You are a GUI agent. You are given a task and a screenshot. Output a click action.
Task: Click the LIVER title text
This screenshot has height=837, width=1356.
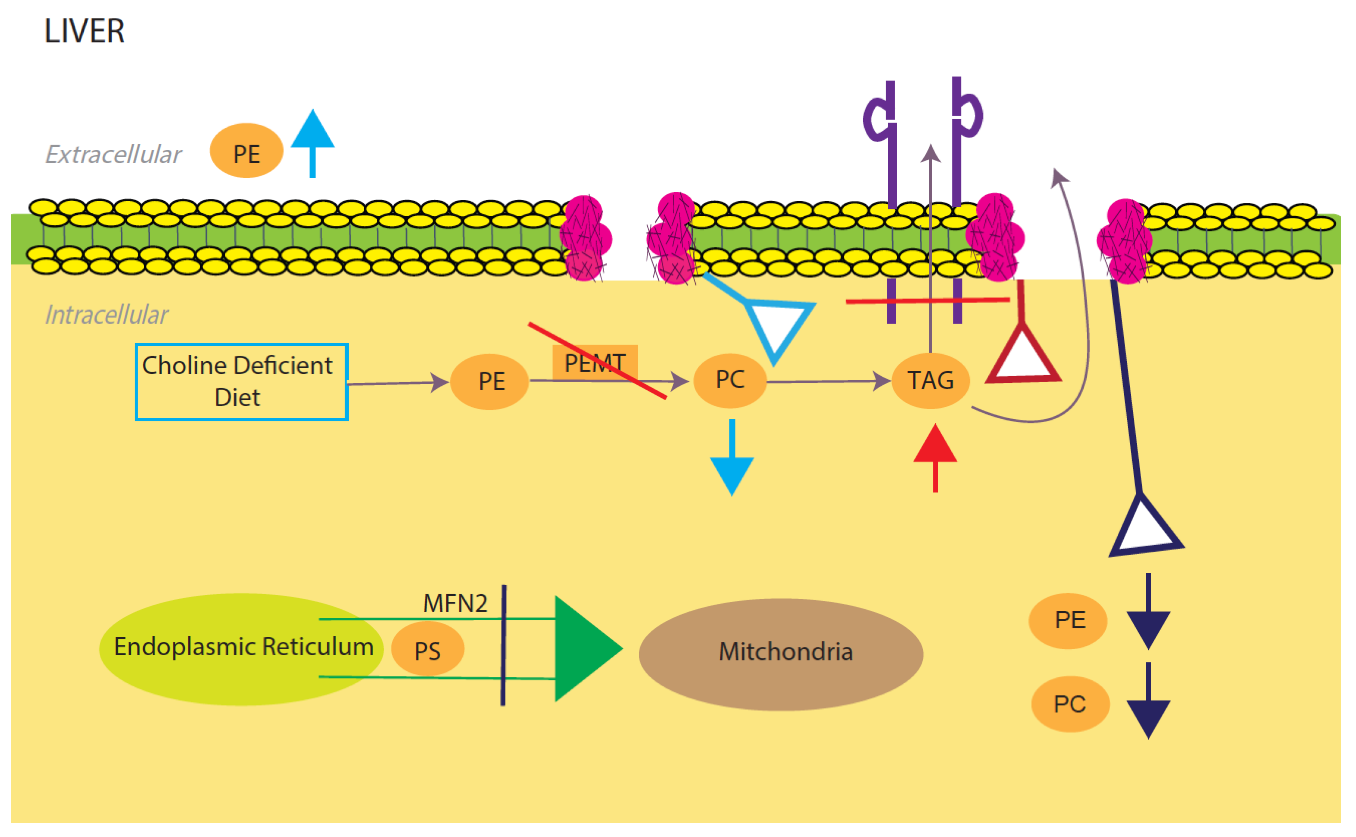(x=84, y=31)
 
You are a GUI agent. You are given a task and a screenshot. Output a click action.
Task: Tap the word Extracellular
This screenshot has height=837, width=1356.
(x=113, y=155)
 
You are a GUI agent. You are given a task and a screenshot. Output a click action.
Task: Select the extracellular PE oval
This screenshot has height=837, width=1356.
(x=246, y=151)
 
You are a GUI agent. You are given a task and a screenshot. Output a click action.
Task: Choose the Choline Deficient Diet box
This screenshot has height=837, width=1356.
(x=241, y=382)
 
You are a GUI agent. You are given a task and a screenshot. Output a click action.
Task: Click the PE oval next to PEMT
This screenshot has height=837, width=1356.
(x=490, y=382)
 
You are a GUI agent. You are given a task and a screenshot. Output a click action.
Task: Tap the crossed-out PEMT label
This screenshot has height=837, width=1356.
(x=595, y=363)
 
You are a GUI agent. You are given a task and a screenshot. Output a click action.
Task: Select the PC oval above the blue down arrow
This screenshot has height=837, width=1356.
(x=730, y=380)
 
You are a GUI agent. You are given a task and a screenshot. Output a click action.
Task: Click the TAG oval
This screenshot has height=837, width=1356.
(x=930, y=381)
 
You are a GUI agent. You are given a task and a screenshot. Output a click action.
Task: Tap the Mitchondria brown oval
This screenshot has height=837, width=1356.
(x=781, y=653)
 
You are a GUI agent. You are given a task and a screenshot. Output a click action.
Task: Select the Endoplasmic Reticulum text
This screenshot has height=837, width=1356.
(x=243, y=647)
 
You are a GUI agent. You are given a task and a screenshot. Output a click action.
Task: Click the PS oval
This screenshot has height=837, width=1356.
(x=428, y=649)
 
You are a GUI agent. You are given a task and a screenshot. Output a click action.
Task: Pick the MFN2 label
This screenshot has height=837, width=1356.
(x=455, y=603)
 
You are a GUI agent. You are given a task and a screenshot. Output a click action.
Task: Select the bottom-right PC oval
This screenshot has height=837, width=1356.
(x=1070, y=704)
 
